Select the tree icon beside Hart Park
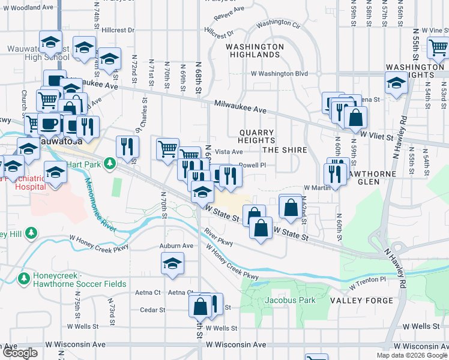click(110, 163)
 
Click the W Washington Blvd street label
click(279, 74)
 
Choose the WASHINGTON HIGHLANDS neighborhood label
click(255, 50)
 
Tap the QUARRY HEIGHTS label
click(257, 137)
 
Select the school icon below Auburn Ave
click(172, 264)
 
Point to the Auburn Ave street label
click(176, 246)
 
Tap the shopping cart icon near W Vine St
click(438, 47)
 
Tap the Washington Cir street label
click(278, 25)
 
